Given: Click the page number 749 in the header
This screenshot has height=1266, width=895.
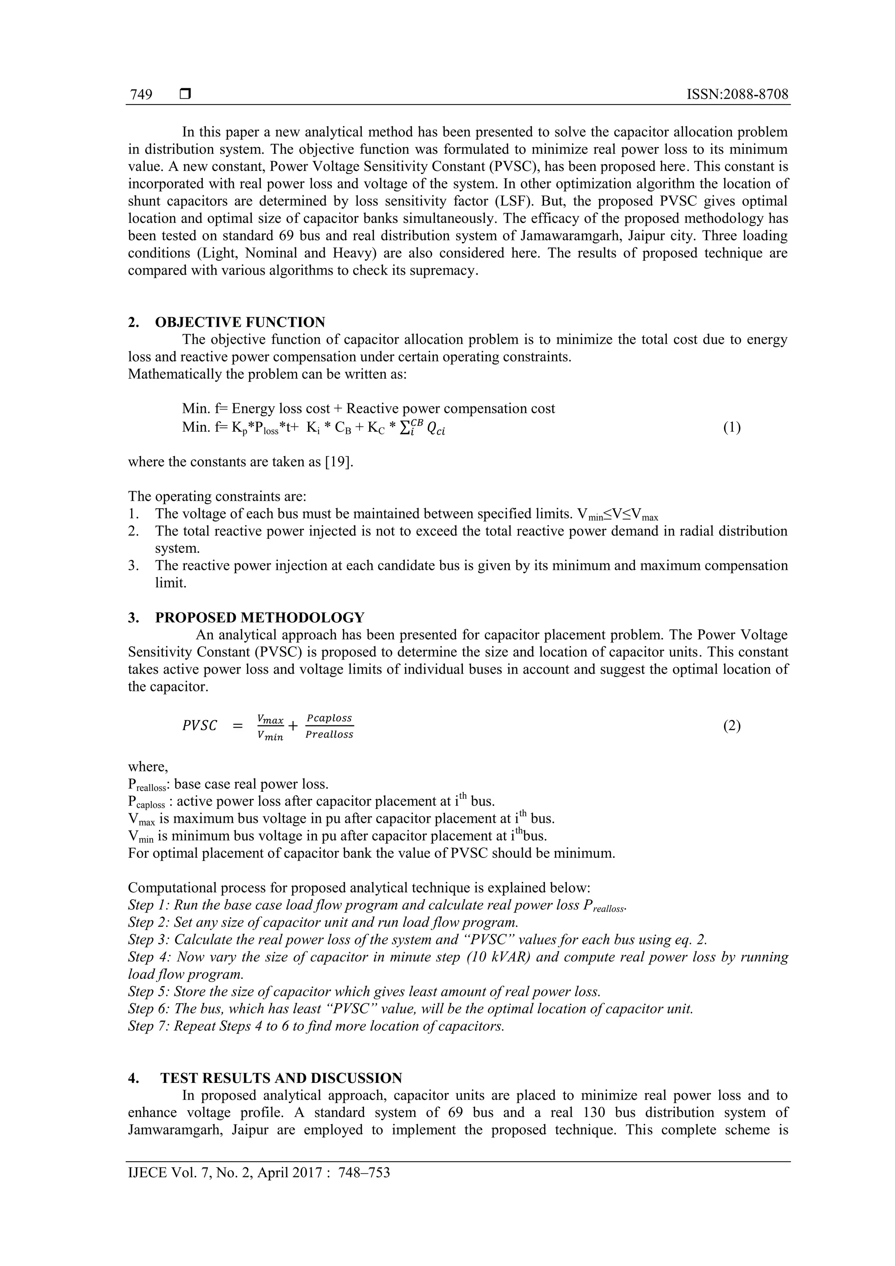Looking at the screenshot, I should pyautogui.click(x=141, y=95).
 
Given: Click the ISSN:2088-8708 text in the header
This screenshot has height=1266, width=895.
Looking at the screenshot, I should pyautogui.click(x=737, y=94).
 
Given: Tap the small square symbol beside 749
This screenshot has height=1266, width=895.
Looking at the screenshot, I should pyautogui.click(x=185, y=94).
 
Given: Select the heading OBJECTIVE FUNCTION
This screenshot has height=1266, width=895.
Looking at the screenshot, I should pyautogui.click(x=240, y=322).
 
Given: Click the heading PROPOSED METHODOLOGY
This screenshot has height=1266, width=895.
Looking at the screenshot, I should pyautogui.click(x=260, y=617).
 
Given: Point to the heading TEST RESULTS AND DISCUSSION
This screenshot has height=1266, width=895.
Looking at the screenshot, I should pyautogui.click(x=281, y=1078).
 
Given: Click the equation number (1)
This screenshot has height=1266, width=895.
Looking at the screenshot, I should pyautogui.click(x=731, y=427).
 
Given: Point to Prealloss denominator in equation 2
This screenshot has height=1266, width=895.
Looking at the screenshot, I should pyautogui.click(x=329, y=735).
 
